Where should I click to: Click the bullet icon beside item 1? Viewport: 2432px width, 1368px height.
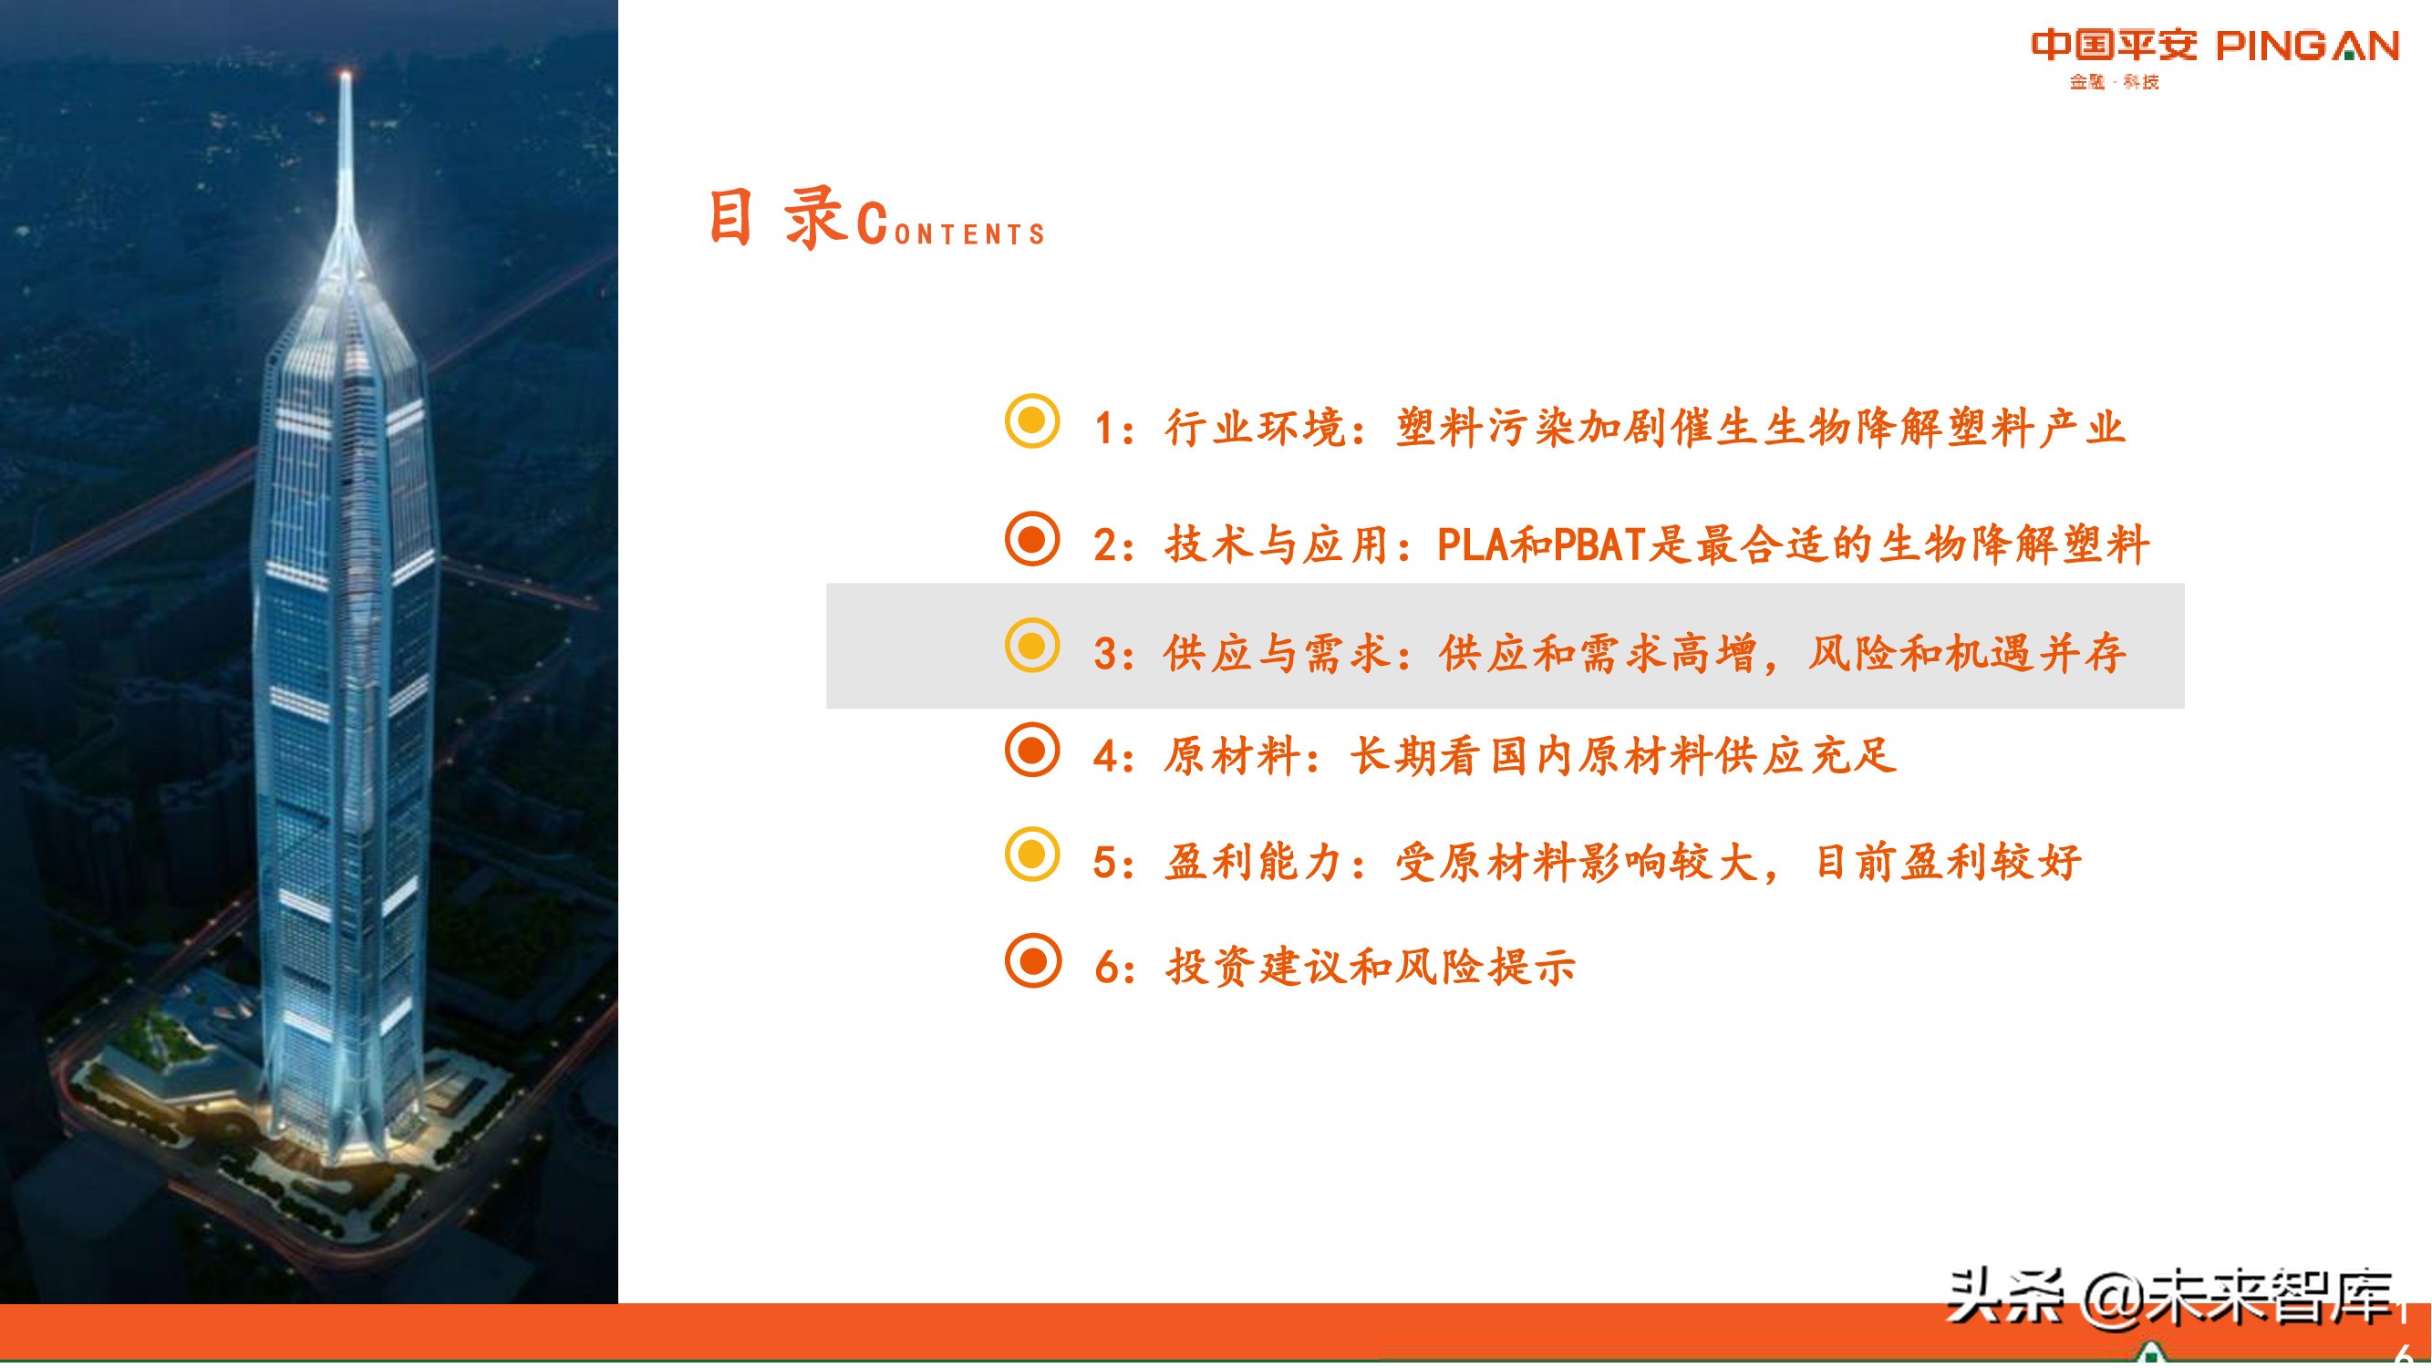coord(1032,421)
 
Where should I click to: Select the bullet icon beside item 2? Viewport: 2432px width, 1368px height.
coord(1032,539)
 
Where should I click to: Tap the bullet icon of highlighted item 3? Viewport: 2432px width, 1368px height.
coord(1032,646)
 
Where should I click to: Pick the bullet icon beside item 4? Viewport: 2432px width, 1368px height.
coord(1032,751)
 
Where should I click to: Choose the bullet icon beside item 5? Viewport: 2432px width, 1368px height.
coord(1032,855)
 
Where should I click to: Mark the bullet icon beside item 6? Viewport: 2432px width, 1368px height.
coord(1032,960)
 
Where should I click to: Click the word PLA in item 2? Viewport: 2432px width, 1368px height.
coord(1473,544)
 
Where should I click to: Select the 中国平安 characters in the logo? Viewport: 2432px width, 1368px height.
coord(2114,45)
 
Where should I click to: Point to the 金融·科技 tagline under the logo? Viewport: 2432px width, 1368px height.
coord(2114,82)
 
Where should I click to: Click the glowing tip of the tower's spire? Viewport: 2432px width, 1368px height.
coord(346,75)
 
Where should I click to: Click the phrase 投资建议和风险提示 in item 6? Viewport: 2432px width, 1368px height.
coord(1371,967)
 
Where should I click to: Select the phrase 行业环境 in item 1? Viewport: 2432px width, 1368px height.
coord(1256,429)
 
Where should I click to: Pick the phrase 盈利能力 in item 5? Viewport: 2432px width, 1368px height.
coord(1255,862)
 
